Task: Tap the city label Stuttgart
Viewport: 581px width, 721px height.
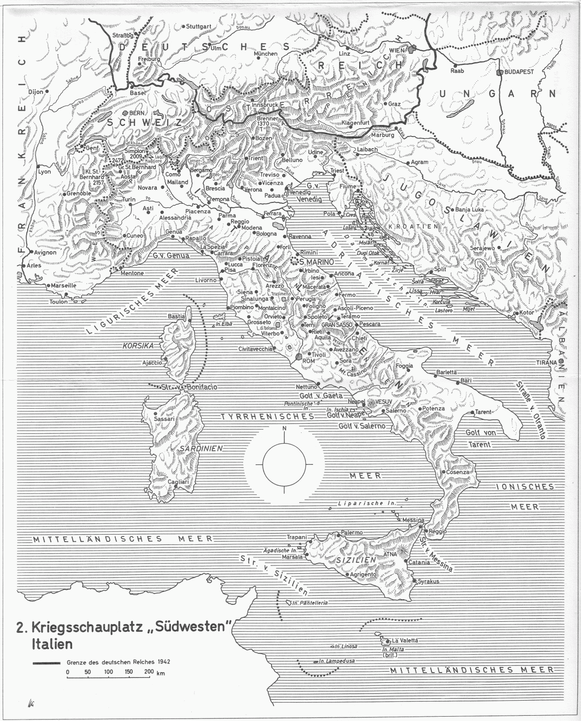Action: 199,26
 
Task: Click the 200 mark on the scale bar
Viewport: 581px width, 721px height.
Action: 149,672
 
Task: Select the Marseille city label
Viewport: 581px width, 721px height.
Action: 61,285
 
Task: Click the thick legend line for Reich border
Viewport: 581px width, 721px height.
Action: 46,663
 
